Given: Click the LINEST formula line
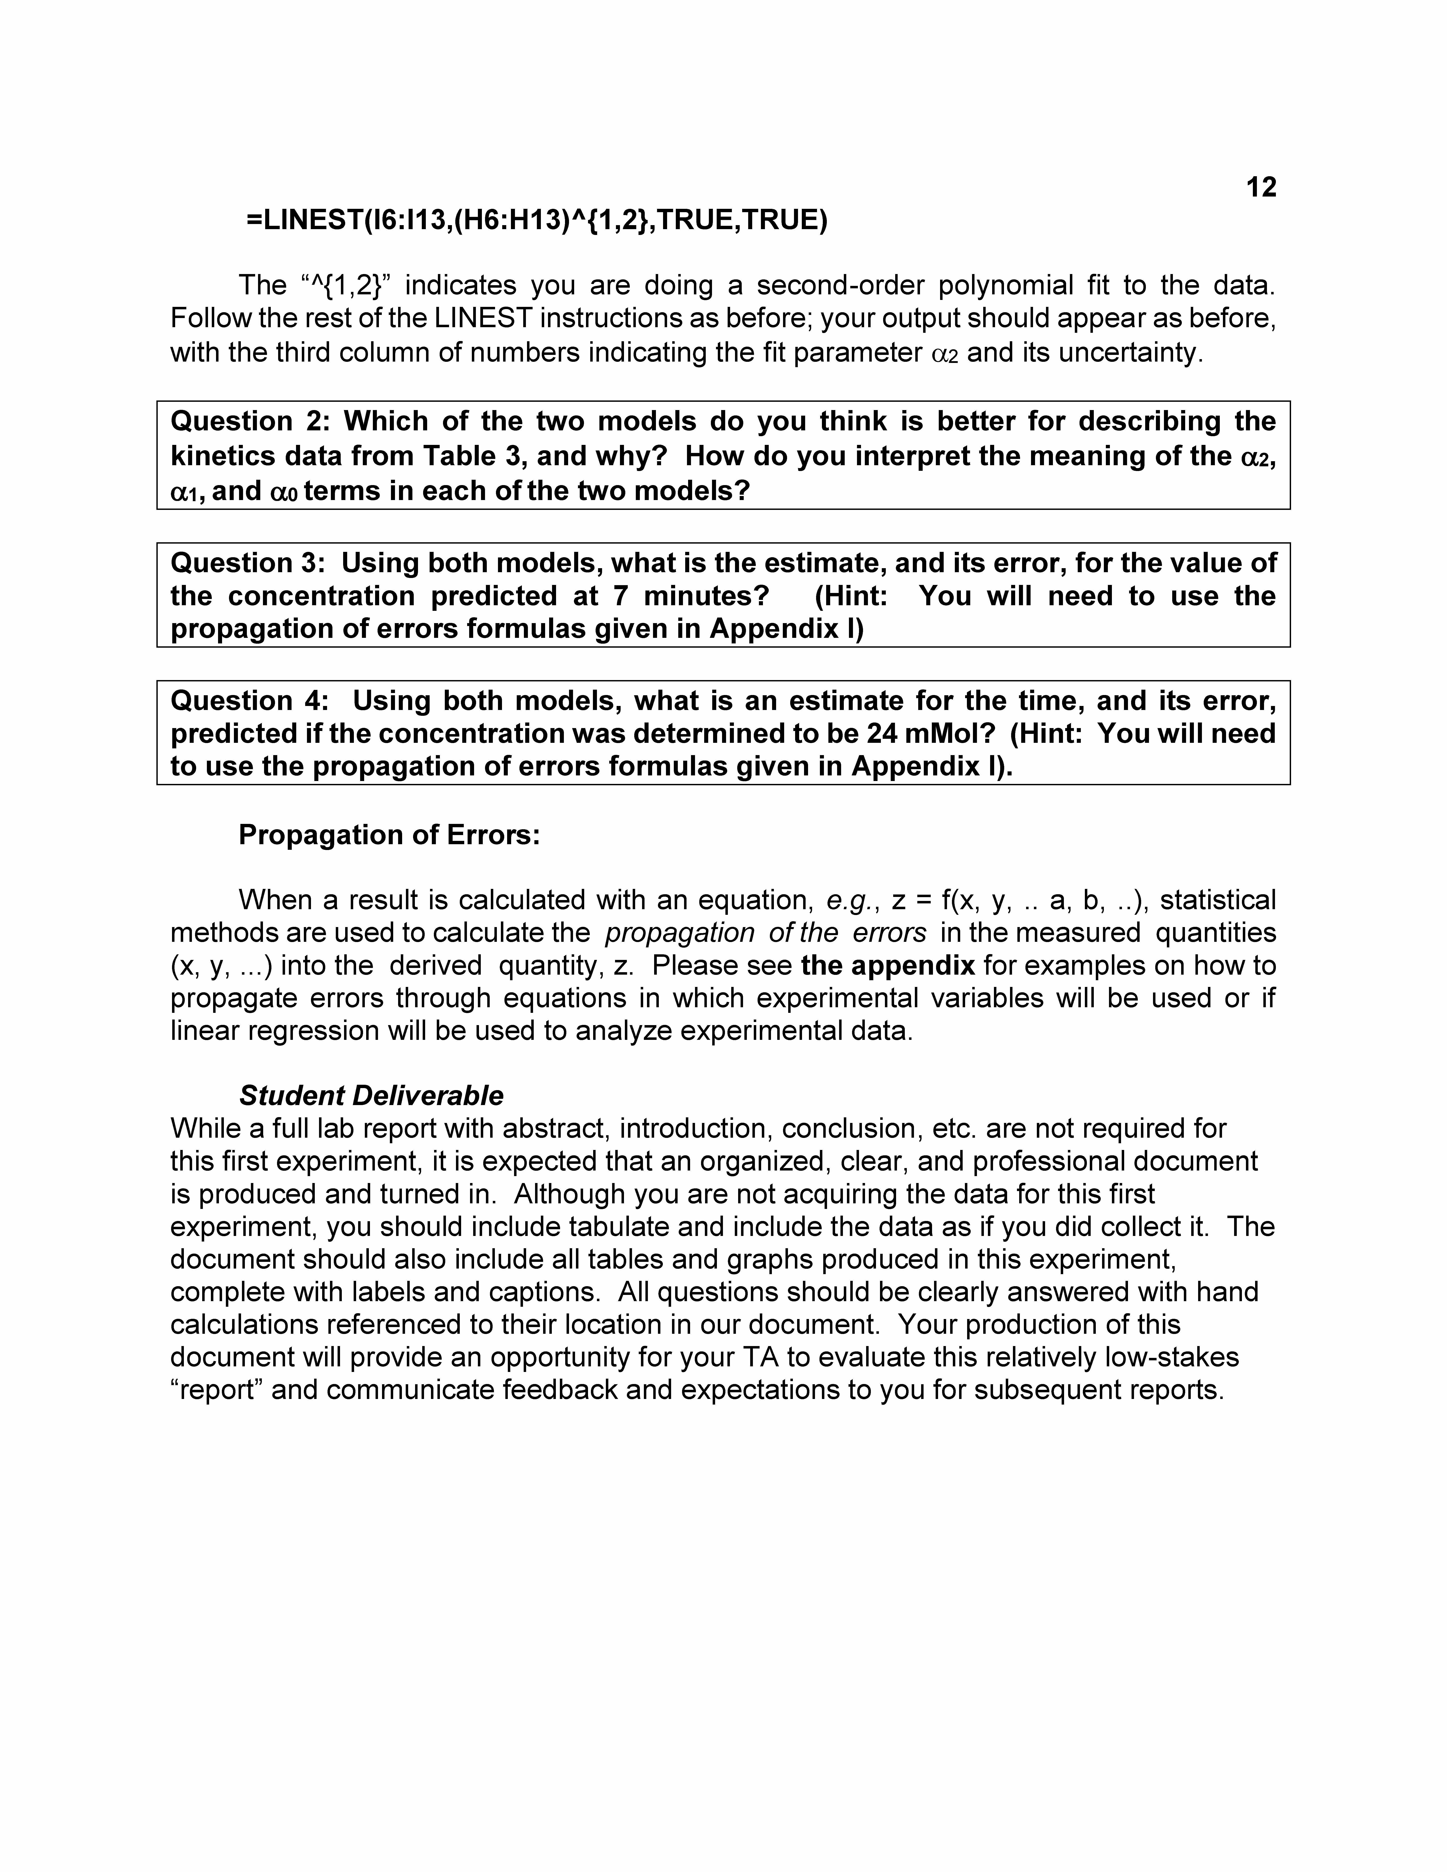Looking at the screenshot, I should pos(537,220).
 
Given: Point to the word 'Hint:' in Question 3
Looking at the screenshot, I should pos(851,596).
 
